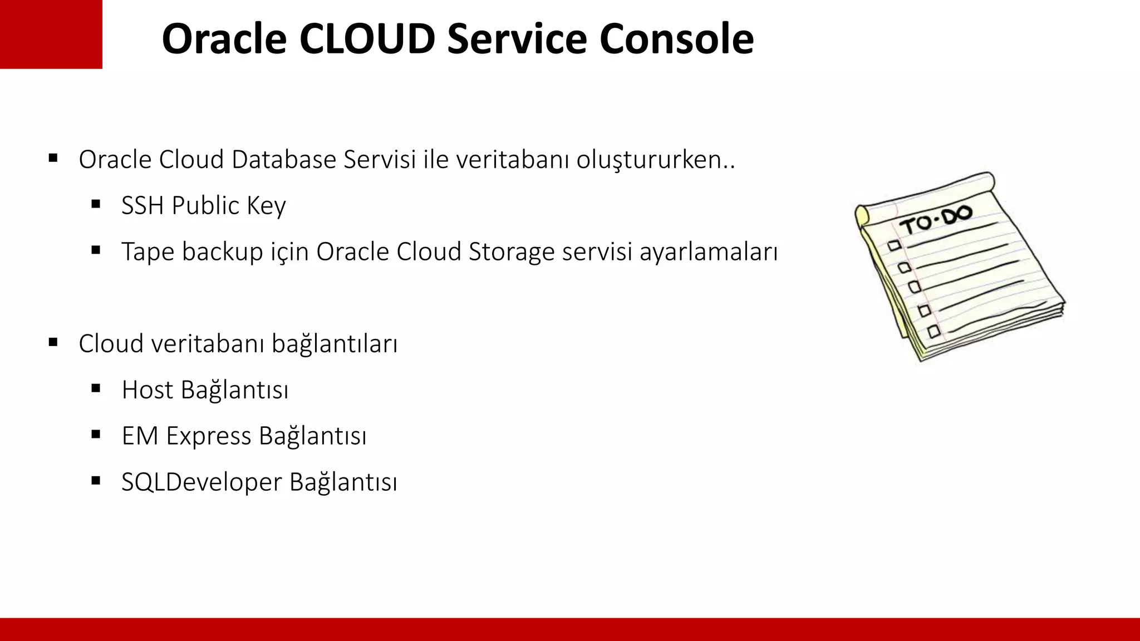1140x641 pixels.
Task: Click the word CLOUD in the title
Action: pyautogui.click(x=366, y=39)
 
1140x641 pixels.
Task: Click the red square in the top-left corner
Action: pyautogui.click(x=51, y=34)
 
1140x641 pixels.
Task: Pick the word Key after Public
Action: pyautogui.click(x=266, y=206)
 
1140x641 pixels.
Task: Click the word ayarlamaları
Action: pyautogui.click(x=708, y=252)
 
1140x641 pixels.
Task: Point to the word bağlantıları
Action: pyautogui.click(x=335, y=344)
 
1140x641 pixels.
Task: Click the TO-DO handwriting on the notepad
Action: pyautogui.click(x=936, y=219)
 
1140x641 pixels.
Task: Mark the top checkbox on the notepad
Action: pyautogui.click(x=895, y=245)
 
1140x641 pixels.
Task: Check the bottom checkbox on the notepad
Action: pyautogui.click(x=934, y=332)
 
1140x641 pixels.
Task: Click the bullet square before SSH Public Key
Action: pyautogui.click(x=96, y=205)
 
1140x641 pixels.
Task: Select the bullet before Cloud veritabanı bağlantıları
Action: pyautogui.click(x=53, y=342)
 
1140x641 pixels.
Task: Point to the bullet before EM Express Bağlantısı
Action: pyautogui.click(x=96, y=435)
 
